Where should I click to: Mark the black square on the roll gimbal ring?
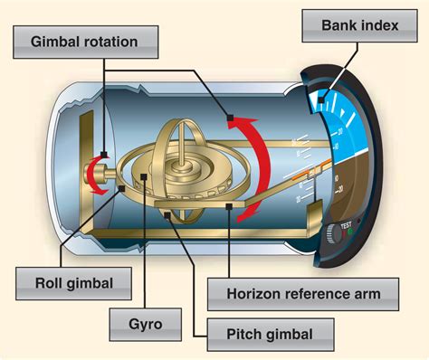click(122, 188)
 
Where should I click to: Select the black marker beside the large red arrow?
click(232, 117)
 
